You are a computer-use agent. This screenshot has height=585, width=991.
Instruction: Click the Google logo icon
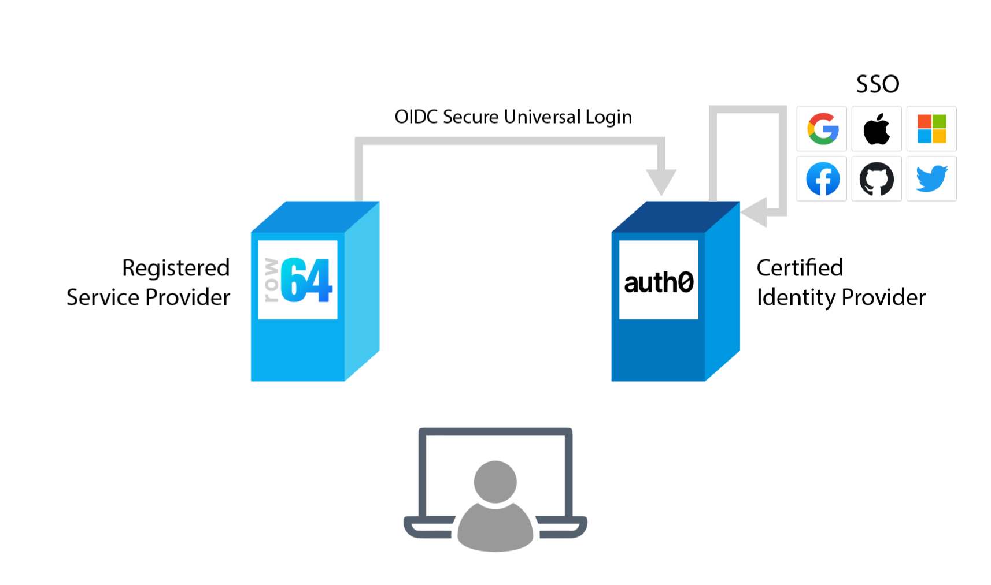(x=822, y=128)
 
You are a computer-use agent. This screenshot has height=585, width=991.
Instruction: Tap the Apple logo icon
(x=877, y=128)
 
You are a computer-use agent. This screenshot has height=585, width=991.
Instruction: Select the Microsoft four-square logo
(x=931, y=128)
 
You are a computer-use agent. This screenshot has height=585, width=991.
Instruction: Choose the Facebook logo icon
(x=822, y=179)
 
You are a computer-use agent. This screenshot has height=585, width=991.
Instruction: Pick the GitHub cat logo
(x=877, y=179)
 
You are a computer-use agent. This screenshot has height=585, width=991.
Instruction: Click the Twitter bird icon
(x=931, y=179)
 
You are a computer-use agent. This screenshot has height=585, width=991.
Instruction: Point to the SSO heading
(x=877, y=84)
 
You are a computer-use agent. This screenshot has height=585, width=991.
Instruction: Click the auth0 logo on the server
(x=659, y=282)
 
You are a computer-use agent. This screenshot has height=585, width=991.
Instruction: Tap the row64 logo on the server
(x=298, y=280)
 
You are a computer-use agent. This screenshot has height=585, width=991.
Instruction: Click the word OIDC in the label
(x=416, y=117)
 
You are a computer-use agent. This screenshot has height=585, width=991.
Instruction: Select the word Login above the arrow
(x=608, y=117)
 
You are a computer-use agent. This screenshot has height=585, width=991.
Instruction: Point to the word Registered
(x=176, y=269)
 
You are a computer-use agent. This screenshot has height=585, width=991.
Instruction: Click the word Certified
(x=800, y=268)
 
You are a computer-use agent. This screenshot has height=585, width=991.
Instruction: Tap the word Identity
(x=796, y=298)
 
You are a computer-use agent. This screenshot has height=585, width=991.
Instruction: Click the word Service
(x=103, y=298)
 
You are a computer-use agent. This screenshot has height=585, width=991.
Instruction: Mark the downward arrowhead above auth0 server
(x=661, y=181)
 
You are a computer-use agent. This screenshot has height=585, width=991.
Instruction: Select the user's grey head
(x=495, y=482)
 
